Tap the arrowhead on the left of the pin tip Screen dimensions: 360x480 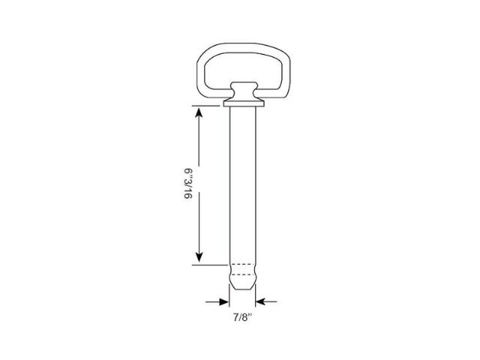coord(224,301)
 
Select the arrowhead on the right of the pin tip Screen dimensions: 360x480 coord(259,301)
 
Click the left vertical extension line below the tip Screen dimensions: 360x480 coord(229,300)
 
